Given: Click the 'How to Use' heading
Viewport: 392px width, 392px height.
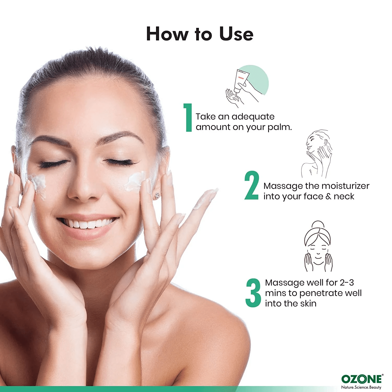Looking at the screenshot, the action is tap(200, 34).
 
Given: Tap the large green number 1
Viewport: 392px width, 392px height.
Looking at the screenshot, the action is tap(188, 117).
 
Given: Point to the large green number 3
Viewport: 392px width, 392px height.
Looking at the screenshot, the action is tap(253, 293).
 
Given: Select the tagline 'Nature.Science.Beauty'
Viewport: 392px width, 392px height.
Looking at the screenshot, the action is tap(361, 387).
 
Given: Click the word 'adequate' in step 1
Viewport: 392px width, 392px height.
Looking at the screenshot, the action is tap(253, 117).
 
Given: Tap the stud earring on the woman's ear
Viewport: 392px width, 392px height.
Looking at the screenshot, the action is tap(157, 195).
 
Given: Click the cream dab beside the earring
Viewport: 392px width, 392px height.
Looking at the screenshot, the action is tap(134, 181).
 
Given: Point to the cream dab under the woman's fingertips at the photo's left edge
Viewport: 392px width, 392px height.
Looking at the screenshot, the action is tap(38, 185).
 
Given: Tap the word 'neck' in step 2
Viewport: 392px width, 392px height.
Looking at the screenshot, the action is tap(344, 196).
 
